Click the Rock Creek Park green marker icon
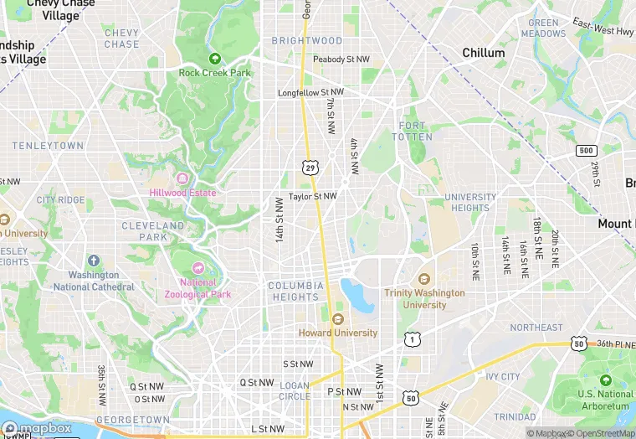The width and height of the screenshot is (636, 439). [x=215, y=59]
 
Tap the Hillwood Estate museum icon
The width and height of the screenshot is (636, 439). [x=182, y=178]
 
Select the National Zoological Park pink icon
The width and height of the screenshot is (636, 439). [x=198, y=268]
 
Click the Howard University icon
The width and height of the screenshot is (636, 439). [x=338, y=319]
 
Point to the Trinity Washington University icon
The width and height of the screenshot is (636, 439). [x=424, y=279]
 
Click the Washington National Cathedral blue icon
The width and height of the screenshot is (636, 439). [x=93, y=261]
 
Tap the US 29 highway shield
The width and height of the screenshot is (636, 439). [x=310, y=168]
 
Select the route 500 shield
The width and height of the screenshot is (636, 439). [x=586, y=150]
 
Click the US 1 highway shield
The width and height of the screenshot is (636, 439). [x=412, y=338]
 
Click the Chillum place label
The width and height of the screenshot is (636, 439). [x=484, y=53]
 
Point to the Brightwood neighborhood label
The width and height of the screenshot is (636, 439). [x=307, y=40]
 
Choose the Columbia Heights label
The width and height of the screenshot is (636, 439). [x=295, y=291]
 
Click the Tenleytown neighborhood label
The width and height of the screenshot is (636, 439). [x=49, y=146]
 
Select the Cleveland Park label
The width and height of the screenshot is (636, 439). [x=152, y=231]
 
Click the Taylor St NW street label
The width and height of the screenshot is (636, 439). [x=312, y=197]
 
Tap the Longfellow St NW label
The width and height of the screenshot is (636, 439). [x=311, y=92]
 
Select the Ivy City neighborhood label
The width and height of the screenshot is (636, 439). [x=499, y=377]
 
